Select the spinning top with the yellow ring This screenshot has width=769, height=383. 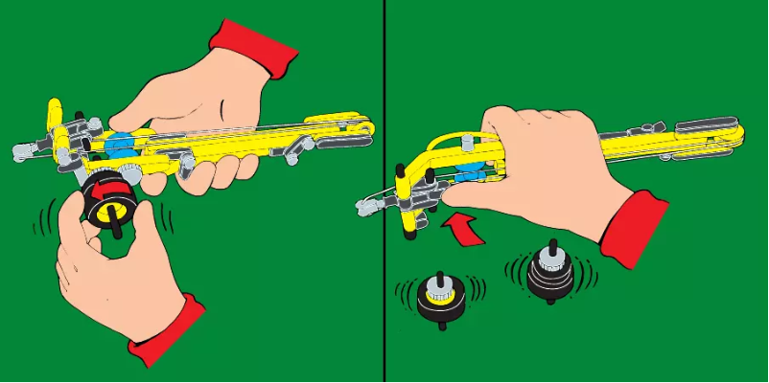pyautogui.click(x=440, y=296)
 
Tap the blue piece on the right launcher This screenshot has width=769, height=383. pyautogui.click(x=468, y=176)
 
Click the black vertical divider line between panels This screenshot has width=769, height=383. pyautogui.click(x=384, y=191)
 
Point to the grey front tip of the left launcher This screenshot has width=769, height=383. pyautogui.click(x=23, y=149)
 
